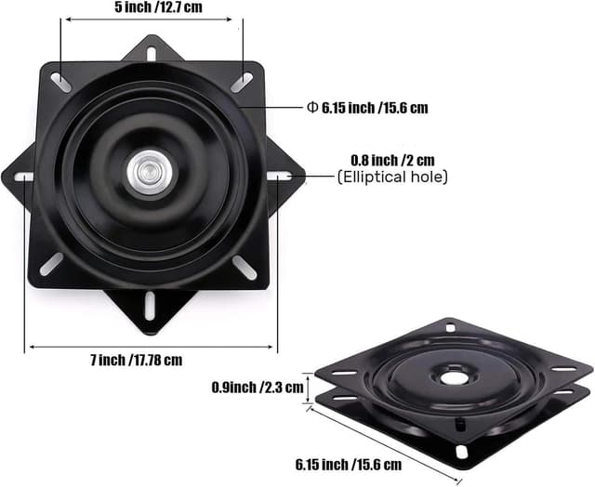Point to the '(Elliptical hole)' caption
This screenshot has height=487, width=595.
tap(391, 177)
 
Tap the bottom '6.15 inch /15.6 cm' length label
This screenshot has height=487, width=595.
tap(349, 464)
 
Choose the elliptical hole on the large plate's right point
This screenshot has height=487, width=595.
tap(278, 175)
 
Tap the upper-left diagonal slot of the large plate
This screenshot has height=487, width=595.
tap(59, 83)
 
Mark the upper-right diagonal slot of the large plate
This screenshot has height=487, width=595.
tap(241, 83)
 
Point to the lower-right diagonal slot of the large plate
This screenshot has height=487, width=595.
tap(245, 268)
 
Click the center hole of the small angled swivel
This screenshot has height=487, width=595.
tap(454, 377)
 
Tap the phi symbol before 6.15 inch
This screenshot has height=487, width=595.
tap(312, 108)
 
